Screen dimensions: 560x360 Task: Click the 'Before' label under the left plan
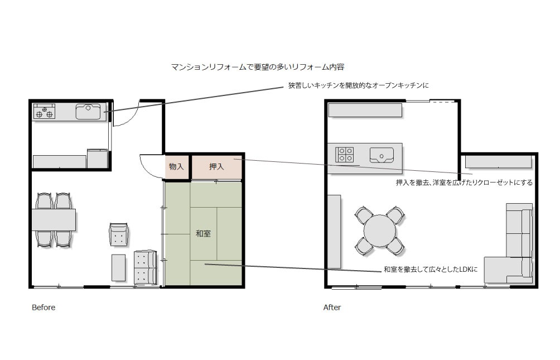pos(44,308)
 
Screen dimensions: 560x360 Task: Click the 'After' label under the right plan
pos(332,308)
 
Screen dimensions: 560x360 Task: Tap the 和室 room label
pos(203,233)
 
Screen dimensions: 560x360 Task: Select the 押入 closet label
pos(216,166)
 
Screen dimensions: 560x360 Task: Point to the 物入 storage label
pos(176,166)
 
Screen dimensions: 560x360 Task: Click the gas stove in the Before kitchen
pos(44,111)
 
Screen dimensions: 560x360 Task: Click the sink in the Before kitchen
pos(88,112)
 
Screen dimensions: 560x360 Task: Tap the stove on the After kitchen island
pos(344,155)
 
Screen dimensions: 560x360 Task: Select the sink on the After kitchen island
pos(382,155)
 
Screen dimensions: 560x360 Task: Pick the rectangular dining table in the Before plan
pos(54,220)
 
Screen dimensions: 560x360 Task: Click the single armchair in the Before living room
pos(118,234)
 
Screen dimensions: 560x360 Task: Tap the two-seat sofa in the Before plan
pos(145,268)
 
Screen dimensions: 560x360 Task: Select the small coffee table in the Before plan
pos(119,268)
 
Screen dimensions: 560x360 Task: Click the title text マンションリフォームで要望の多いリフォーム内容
pos(258,67)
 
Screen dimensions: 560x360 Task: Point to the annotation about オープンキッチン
pos(359,85)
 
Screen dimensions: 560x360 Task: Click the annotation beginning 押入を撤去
pos(464,183)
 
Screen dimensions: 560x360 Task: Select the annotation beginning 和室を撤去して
pos(431,270)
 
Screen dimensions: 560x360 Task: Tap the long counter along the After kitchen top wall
pos(365,110)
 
